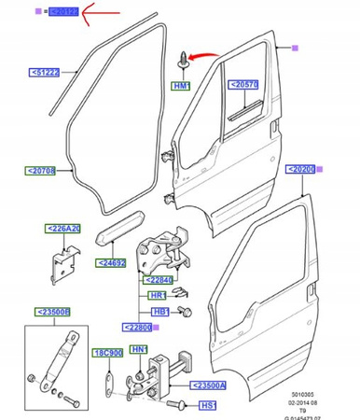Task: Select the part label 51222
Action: pos(44,72)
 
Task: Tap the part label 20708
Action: pos(40,172)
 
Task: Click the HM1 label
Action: pos(180,87)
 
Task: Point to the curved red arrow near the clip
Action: pos(203,61)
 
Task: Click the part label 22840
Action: pos(158,279)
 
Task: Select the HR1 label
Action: pos(159,295)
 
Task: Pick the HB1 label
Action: pos(159,311)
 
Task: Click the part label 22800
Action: pos(137,328)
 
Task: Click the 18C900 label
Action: pos(108,354)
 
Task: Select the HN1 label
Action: pos(140,349)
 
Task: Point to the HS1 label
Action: pos(208,406)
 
